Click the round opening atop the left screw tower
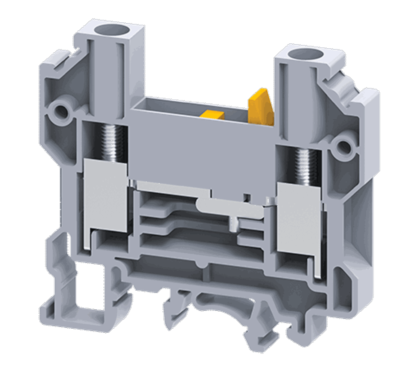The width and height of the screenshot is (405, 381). [x=109, y=30]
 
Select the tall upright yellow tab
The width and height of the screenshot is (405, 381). [x=260, y=107]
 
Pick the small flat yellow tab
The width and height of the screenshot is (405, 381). [x=212, y=115]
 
